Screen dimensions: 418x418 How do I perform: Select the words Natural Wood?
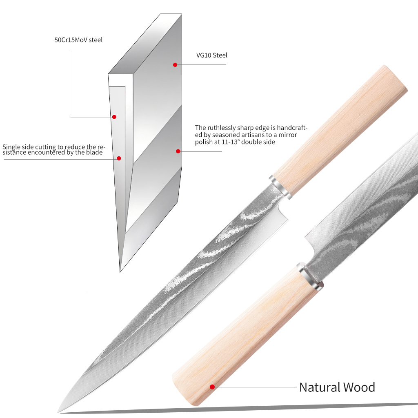(337, 387)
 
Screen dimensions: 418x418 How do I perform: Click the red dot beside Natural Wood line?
(212, 387)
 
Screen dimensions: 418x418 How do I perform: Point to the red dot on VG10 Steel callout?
(175, 64)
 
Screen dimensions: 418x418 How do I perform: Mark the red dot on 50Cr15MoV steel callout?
(114, 117)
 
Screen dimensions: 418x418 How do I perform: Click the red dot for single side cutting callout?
(119, 158)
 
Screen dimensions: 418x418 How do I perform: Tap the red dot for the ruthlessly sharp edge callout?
(178, 151)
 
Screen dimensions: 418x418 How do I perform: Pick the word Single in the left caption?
(11, 147)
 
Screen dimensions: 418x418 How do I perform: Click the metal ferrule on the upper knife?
(281, 187)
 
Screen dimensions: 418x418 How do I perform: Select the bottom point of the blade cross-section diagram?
(120, 271)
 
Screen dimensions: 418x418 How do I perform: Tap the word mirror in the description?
(289, 135)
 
